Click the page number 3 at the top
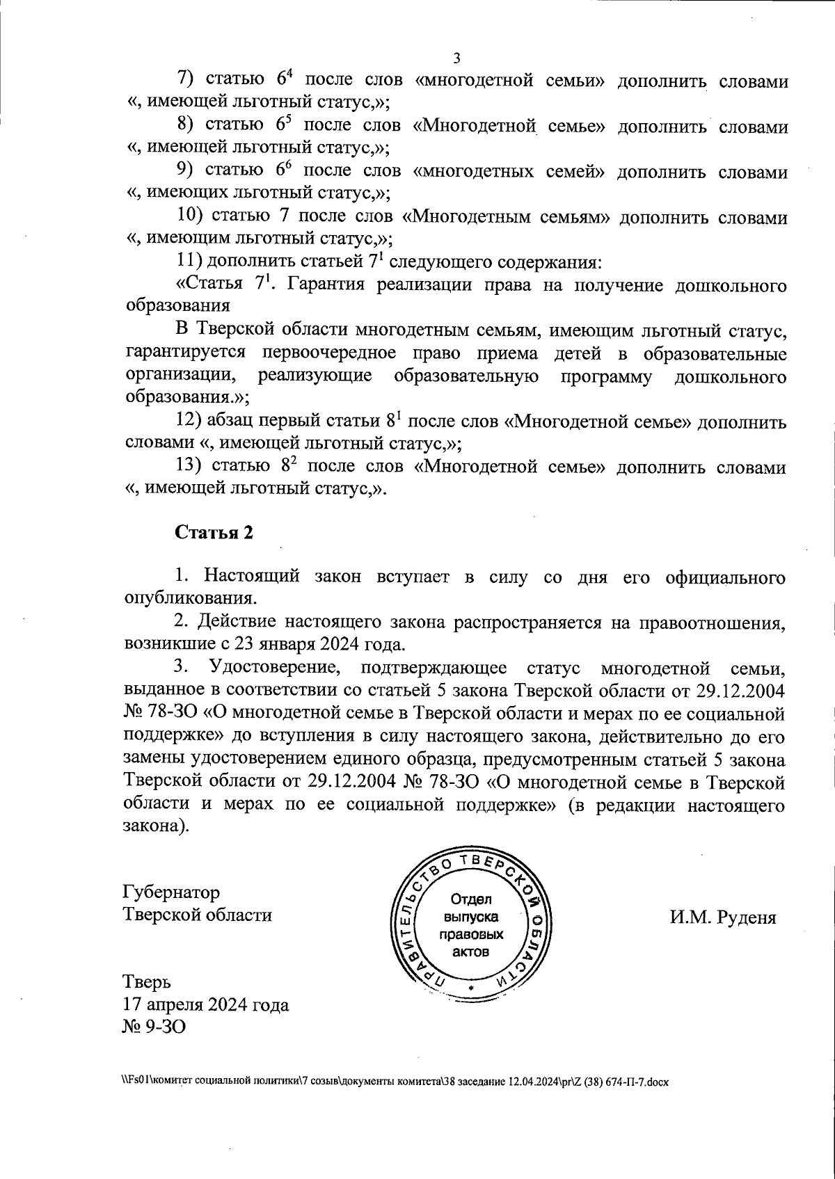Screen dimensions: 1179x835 456,58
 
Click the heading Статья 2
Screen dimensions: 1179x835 214,533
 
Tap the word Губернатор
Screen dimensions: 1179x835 171,892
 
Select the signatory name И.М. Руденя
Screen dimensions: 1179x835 723,917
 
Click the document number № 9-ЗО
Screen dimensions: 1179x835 154,1027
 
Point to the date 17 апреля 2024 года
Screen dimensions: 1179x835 206,1004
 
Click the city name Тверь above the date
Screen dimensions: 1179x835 147,982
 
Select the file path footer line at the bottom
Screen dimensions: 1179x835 394,1083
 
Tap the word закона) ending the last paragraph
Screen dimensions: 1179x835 156,828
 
